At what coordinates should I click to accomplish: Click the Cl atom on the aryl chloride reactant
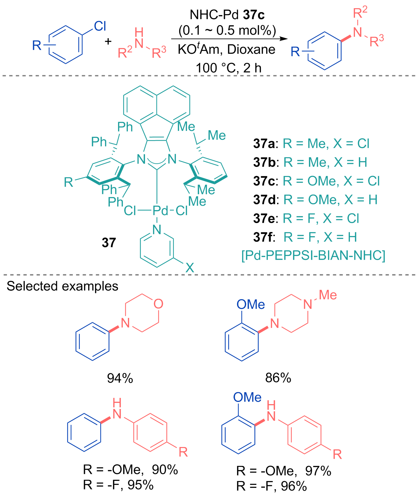(x=100, y=26)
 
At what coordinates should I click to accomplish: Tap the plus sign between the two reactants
(x=108, y=41)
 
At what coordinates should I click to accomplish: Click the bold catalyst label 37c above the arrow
(x=254, y=15)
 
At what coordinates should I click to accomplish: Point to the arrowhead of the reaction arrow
(x=283, y=39)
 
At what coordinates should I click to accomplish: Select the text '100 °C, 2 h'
(x=228, y=68)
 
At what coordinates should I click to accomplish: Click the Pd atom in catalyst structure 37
(x=160, y=210)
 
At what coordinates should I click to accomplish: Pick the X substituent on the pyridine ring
(x=190, y=268)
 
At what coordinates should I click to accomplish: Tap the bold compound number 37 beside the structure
(x=109, y=242)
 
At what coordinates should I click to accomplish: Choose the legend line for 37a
(x=311, y=144)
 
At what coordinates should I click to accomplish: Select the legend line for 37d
(x=315, y=200)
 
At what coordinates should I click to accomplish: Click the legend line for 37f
(x=305, y=237)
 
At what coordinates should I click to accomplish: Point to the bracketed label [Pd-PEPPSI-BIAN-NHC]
(x=313, y=255)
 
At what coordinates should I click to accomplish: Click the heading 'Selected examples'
(x=62, y=286)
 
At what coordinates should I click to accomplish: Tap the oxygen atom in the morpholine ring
(x=158, y=304)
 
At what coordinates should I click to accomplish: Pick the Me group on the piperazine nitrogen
(x=328, y=295)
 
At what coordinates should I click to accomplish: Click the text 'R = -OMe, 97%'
(x=283, y=471)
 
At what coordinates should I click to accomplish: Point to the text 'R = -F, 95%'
(x=118, y=485)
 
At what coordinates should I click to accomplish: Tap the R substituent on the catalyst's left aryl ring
(x=68, y=182)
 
